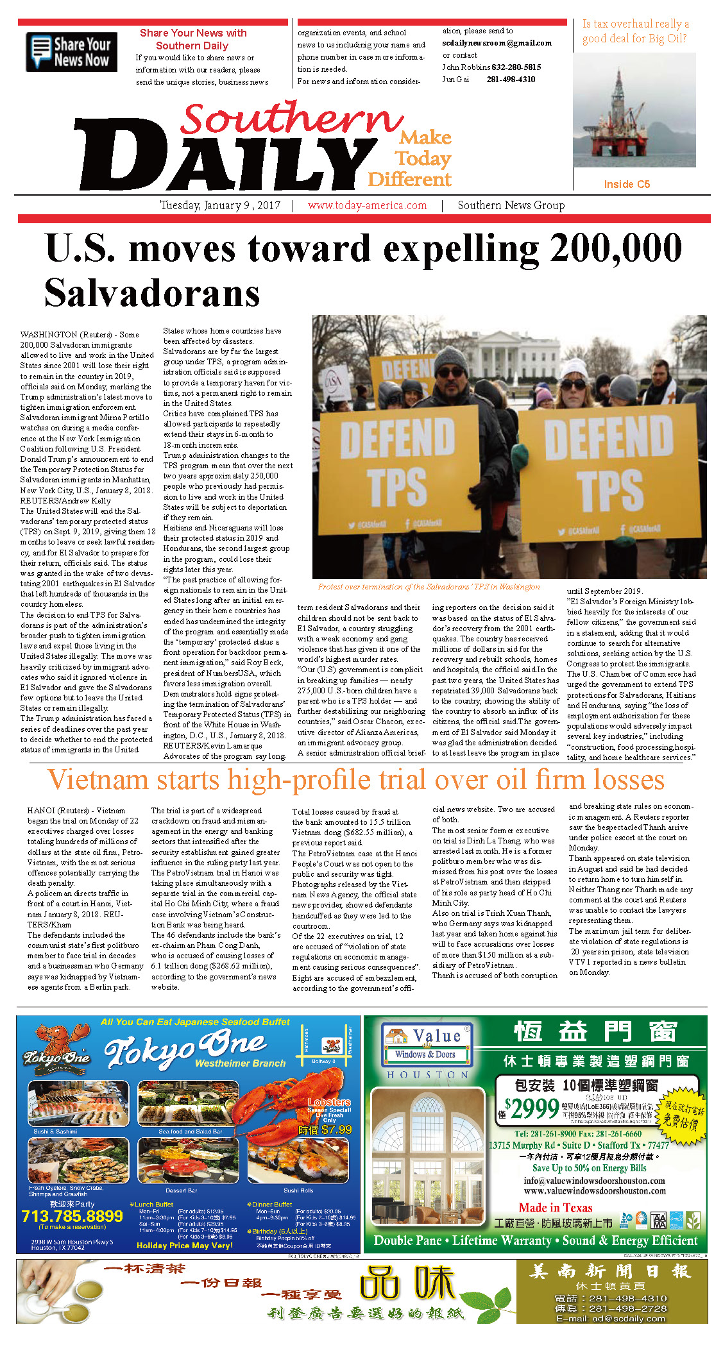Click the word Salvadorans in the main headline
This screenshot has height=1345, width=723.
click(x=152, y=293)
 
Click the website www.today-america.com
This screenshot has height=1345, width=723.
click(x=367, y=205)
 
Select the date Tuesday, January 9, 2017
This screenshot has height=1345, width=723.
click(x=220, y=205)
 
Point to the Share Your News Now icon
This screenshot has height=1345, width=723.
click(x=71, y=51)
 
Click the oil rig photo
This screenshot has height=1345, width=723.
click(x=634, y=110)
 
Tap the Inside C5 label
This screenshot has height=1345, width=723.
click(x=626, y=184)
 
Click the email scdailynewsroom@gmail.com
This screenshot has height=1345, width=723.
click(x=497, y=43)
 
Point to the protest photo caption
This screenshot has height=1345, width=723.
click(x=429, y=586)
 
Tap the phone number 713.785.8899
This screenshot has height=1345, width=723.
click(x=72, y=1216)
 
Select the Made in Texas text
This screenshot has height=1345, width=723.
click(x=555, y=1208)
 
